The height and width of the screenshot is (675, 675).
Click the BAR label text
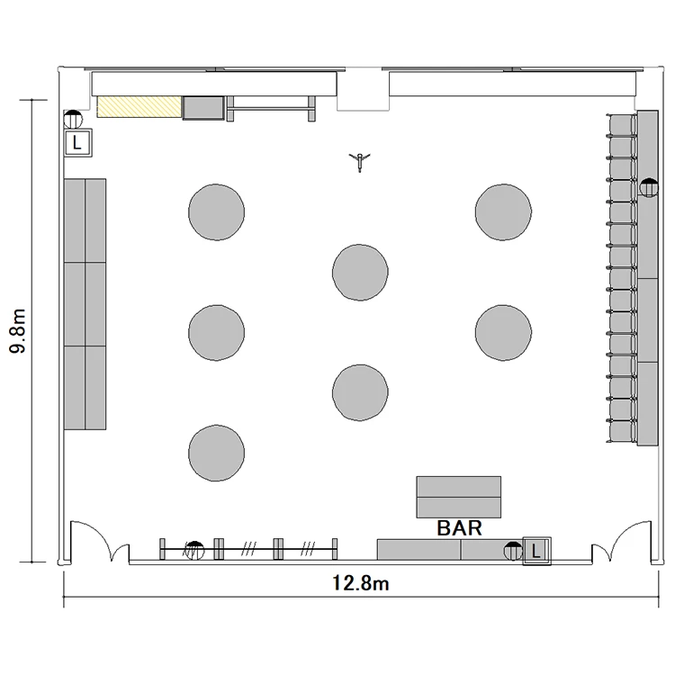pyautogui.click(x=459, y=527)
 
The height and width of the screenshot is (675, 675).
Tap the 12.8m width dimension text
pyautogui.click(x=361, y=583)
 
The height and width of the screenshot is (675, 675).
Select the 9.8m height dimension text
pyautogui.click(x=18, y=330)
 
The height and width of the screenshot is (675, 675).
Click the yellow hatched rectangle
pyautogui.click(x=139, y=107)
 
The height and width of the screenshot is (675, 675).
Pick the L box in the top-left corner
pyautogui.click(x=77, y=142)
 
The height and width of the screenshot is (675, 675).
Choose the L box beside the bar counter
pyautogui.click(x=536, y=551)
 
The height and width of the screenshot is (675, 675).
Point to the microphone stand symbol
pyautogui.click(x=359, y=161)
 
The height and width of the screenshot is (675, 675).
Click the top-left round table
pyautogui.click(x=217, y=212)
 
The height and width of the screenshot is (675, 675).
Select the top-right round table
pyautogui.click(x=503, y=212)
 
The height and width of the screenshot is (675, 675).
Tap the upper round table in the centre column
pyautogui.click(x=360, y=272)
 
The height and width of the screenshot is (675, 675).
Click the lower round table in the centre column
pyautogui.click(x=360, y=392)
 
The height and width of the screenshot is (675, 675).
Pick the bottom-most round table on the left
pyautogui.click(x=217, y=453)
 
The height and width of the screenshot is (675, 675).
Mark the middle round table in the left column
pyautogui.click(x=217, y=333)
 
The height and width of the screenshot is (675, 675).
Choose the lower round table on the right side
pyautogui.click(x=503, y=333)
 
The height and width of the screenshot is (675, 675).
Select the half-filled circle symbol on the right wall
pyautogui.click(x=649, y=188)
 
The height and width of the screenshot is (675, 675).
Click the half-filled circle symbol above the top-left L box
pyautogui.click(x=73, y=119)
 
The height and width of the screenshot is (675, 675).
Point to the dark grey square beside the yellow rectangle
pyautogui.click(x=203, y=108)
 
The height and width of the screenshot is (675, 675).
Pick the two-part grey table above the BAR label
pyautogui.click(x=458, y=497)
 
